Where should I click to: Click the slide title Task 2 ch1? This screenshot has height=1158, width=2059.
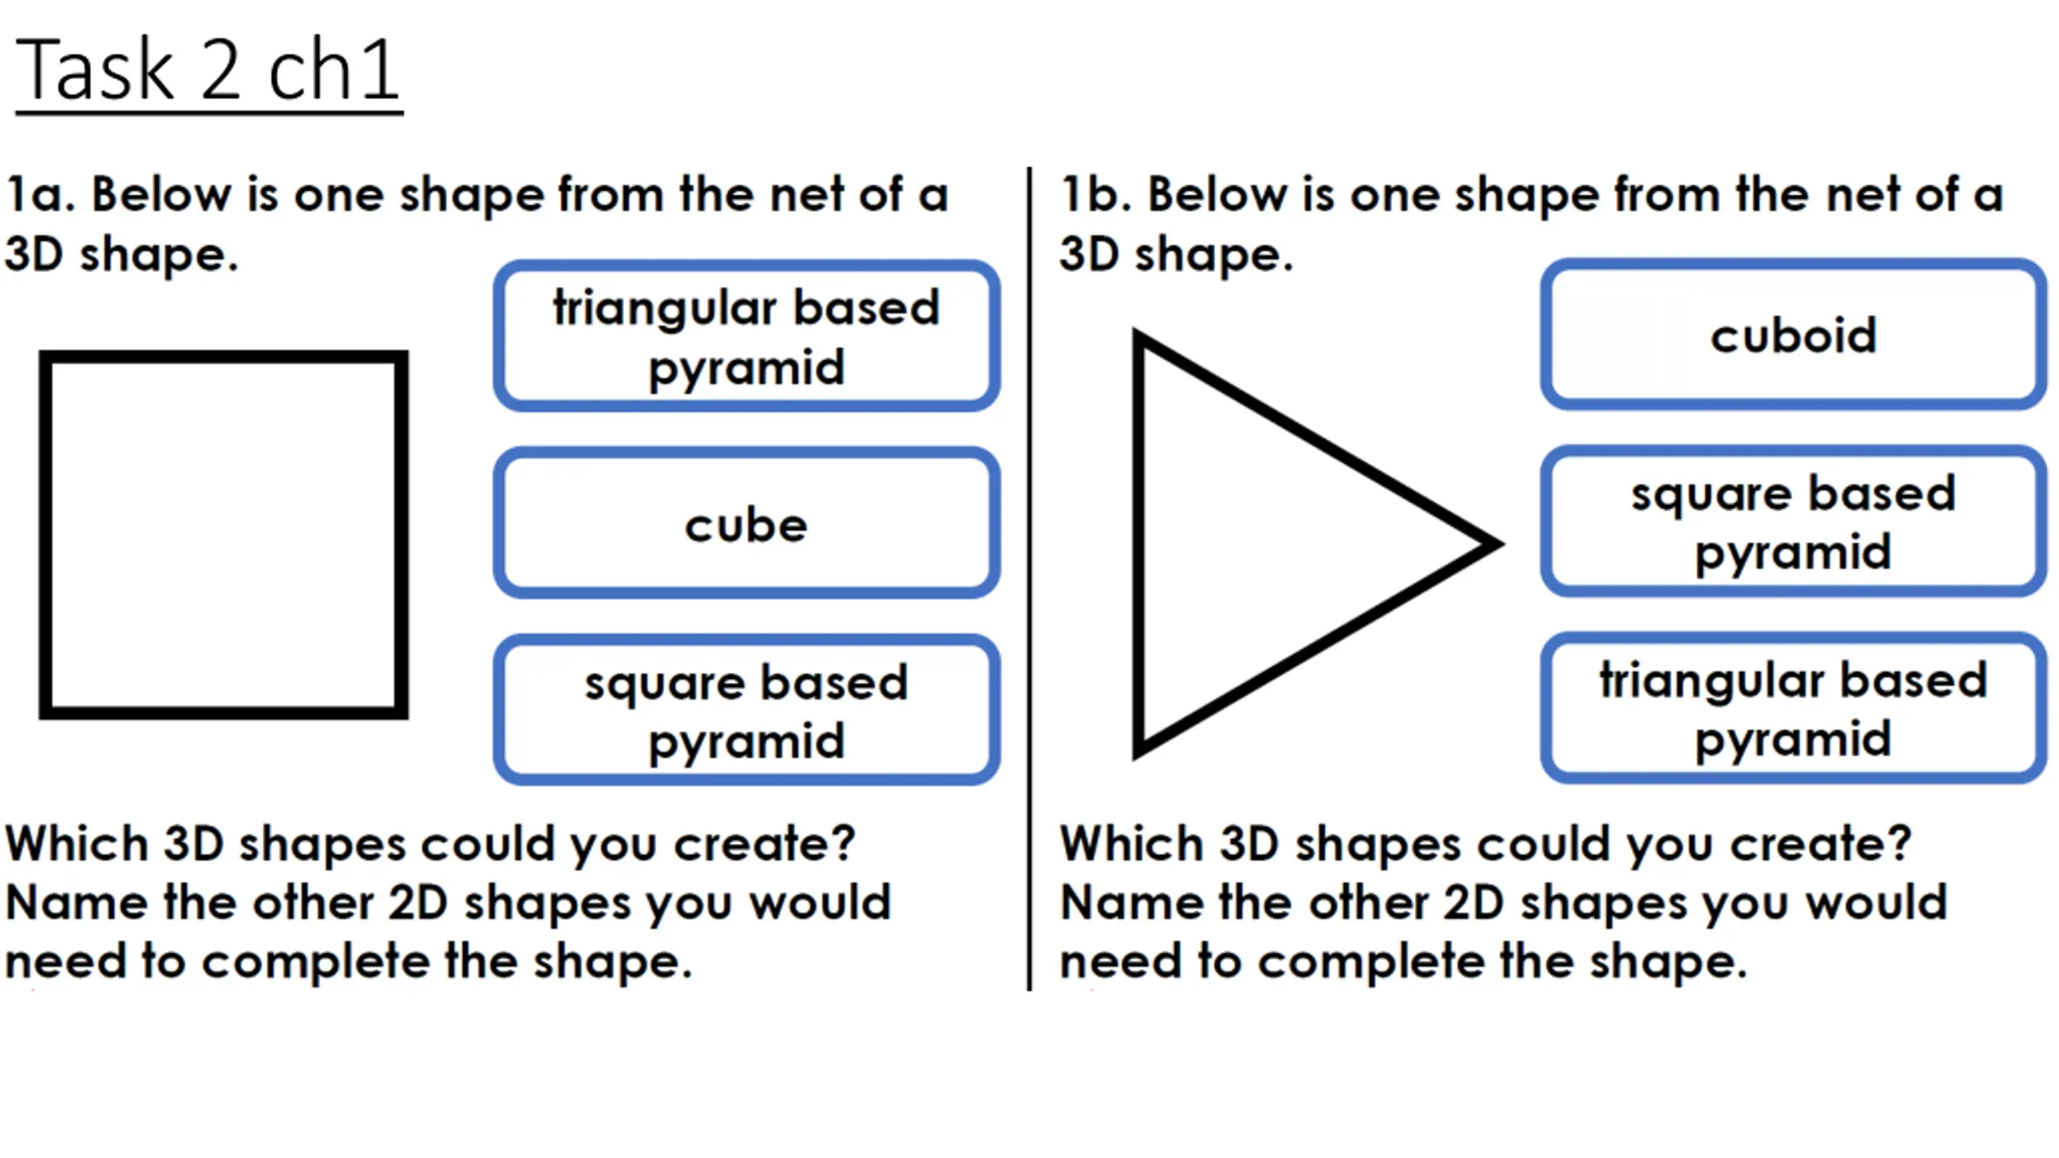[x=208, y=71]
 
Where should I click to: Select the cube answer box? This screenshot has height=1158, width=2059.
[x=746, y=524]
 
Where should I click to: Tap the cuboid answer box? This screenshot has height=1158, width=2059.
[x=1793, y=335]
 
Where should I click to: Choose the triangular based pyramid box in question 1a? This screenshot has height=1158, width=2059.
[x=746, y=336]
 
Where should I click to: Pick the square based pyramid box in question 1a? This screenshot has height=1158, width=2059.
[x=746, y=710]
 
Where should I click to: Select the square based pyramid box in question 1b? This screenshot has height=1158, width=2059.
[x=1793, y=522]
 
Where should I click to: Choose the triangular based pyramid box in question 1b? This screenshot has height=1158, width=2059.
[x=1793, y=708]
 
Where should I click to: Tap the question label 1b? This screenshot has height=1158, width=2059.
[x=1095, y=195]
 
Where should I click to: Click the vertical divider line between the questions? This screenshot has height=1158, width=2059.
[x=1029, y=579]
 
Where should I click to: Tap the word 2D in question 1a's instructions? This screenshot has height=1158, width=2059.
[x=417, y=902]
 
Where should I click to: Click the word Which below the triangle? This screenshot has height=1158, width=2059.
[x=1130, y=844]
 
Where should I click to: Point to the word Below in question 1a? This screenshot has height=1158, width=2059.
[x=162, y=195]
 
